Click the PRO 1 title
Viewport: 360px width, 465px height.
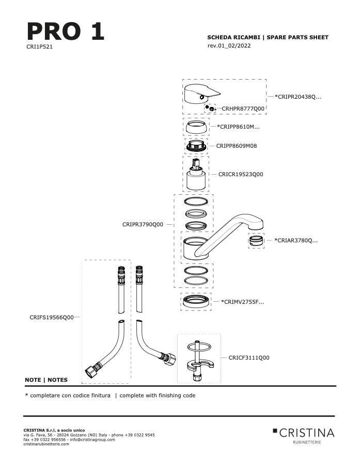pos(66,31)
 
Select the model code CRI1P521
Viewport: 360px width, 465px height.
pos(39,47)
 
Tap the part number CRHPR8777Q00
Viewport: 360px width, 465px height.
pos(243,109)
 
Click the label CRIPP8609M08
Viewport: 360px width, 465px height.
pos(237,146)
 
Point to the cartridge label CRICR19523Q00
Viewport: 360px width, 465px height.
pos(241,174)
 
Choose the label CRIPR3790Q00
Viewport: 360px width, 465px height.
pos(143,225)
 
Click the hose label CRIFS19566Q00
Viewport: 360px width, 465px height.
pos(52,317)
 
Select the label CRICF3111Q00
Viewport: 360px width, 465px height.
pos(249,358)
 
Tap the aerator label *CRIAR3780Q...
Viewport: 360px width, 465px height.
pos(296,240)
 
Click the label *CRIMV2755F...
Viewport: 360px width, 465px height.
pos(242,302)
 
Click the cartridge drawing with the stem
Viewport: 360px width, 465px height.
pos(196,175)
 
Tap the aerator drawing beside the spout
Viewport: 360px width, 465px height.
pos(256,240)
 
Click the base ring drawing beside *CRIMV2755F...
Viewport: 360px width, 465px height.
pos(196,301)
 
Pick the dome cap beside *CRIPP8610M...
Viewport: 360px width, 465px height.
pos(196,127)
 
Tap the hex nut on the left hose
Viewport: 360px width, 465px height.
pos(90,371)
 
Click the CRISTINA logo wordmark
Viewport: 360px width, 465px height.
pos(307,433)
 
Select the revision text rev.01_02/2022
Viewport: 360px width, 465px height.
pos(229,45)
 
